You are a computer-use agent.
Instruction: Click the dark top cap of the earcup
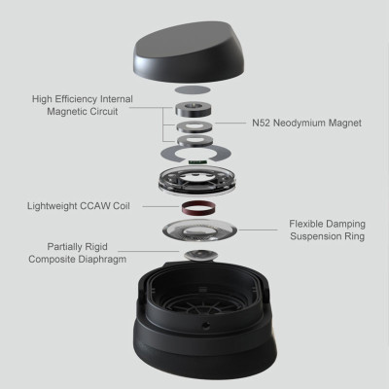(189, 52)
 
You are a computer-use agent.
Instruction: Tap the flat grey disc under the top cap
(192, 89)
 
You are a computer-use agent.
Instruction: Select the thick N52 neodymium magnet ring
(194, 108)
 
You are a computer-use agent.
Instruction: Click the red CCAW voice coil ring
(198, 207)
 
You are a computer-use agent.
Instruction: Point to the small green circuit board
(197, 161)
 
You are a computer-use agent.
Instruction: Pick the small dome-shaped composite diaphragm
(200, 255)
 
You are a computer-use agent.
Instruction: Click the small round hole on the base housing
(205, 325)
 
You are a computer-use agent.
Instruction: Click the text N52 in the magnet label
(262, 123)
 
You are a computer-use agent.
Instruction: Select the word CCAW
(93, 206)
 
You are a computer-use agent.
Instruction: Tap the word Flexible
(306, 224)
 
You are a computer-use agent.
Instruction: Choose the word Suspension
(313, 236)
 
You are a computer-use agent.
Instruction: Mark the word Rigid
(95, 247)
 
